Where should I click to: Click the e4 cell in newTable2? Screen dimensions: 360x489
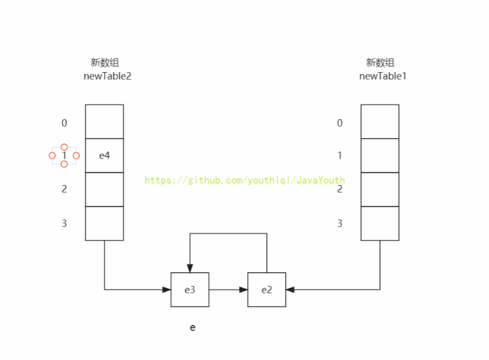(104, 156)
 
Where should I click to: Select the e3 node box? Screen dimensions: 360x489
(190, 290)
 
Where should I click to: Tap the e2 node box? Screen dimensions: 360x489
(267, 290)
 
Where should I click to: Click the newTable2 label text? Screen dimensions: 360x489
(107, 76)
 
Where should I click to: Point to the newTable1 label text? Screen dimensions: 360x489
(383, 76)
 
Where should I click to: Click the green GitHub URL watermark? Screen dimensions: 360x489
(245, 180)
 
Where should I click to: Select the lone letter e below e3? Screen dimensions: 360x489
(193, 327)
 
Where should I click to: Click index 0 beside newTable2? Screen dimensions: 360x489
(64, 123)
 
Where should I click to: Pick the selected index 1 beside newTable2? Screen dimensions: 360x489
(64, 156)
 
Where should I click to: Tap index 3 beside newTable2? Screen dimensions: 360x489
(64, 223)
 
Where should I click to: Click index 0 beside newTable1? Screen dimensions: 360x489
(340, 123)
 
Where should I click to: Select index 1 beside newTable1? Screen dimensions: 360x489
(340, 156)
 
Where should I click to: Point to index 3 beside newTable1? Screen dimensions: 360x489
(340, 223)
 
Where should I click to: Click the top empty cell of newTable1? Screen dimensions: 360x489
(380, 122)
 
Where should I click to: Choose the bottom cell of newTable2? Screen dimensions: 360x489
(104, 223)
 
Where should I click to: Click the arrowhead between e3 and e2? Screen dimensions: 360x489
(244, 290)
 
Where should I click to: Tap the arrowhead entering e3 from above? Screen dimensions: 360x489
(190, 268)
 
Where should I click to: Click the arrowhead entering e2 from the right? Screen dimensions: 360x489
(291, 290)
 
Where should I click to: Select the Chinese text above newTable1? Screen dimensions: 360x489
(380, 62)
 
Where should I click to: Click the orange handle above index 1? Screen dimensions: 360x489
(64, 147)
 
